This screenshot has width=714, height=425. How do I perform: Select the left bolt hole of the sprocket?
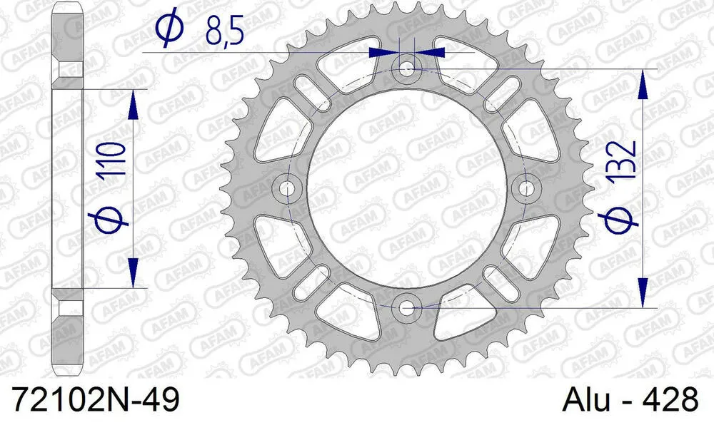click(x=288, y=188)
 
